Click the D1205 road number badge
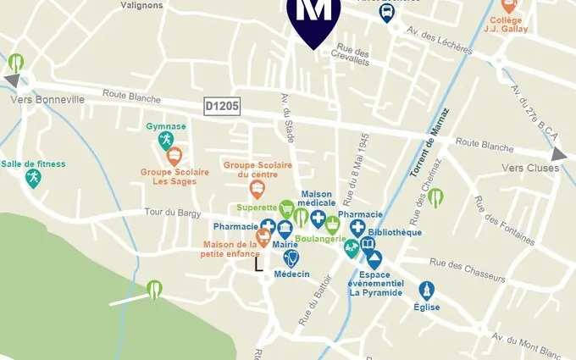(223, 106)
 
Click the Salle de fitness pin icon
(33, 179)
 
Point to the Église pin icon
(426, 291)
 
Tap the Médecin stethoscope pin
(291, 258)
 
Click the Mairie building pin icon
(285, 229)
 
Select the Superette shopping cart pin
(287, 208)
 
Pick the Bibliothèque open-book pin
(368, 246)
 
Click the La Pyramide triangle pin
(374, 260)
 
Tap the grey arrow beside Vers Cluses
(559, 154)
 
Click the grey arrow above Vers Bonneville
(12, 80)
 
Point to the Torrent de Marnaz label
(429, 143)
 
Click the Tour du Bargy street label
(171, 212)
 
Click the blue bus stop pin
(386, 13)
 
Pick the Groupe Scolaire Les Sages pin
(174, 157)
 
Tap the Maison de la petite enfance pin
(263, 237)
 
